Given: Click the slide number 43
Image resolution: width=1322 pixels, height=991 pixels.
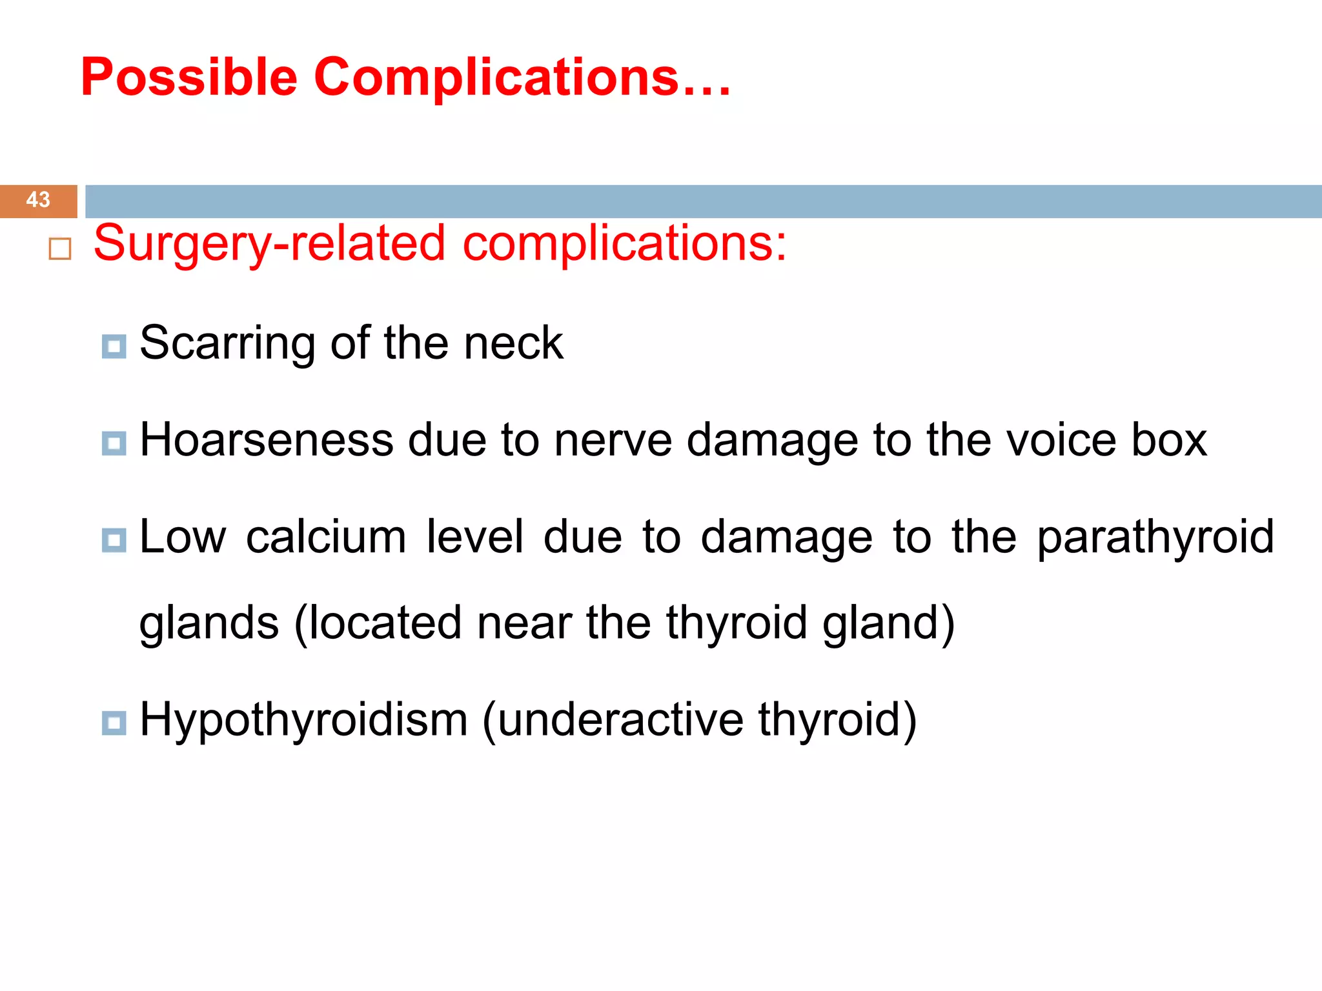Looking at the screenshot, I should [x=38, y=200].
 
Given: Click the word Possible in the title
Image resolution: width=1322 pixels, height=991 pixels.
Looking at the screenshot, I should [x=188, y=77].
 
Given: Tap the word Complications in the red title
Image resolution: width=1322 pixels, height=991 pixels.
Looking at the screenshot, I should [x=496, y=77].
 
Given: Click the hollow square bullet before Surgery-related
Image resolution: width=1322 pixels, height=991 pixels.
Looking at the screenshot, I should [x=60, y=249].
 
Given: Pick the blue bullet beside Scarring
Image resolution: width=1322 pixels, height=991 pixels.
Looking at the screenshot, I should [x=114, y=346].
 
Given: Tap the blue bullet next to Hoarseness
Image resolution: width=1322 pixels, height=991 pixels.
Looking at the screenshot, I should [x=114, y=443].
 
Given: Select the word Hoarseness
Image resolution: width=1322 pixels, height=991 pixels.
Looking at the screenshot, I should [x=266, y=440].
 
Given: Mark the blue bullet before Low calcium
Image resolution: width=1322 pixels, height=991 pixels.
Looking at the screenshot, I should [x=114, y=540].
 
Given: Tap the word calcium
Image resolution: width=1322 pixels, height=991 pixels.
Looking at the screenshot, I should [x=326, y=537].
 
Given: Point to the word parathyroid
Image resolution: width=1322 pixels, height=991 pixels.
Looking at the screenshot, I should [x=1155, y=538].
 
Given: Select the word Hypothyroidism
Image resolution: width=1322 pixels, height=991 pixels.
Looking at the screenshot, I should [x=303, y=720].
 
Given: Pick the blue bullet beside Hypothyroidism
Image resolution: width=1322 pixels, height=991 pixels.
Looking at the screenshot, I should [x=114, y=723].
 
